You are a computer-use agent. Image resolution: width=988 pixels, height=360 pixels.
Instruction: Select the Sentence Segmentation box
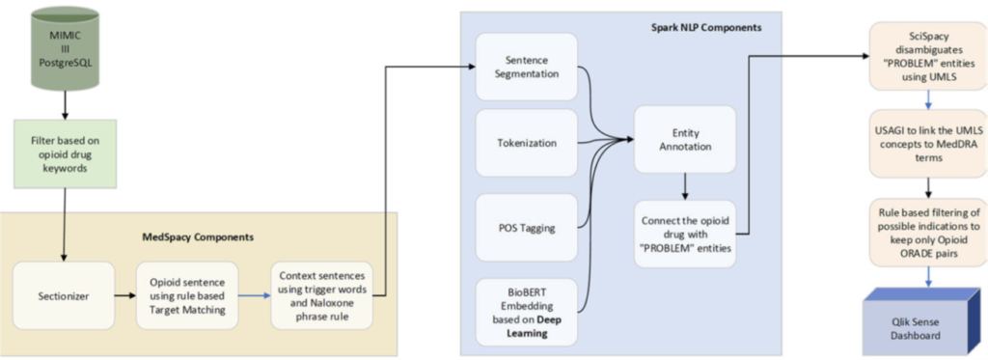[526, 65]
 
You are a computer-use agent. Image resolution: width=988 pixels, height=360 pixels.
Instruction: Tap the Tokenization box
[526, 143]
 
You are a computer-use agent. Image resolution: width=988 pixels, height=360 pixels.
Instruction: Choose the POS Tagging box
[526, 227]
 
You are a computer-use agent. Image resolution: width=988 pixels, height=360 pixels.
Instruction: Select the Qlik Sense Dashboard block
[921, 321]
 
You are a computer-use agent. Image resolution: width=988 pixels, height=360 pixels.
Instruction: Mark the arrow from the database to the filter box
[64, 102]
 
